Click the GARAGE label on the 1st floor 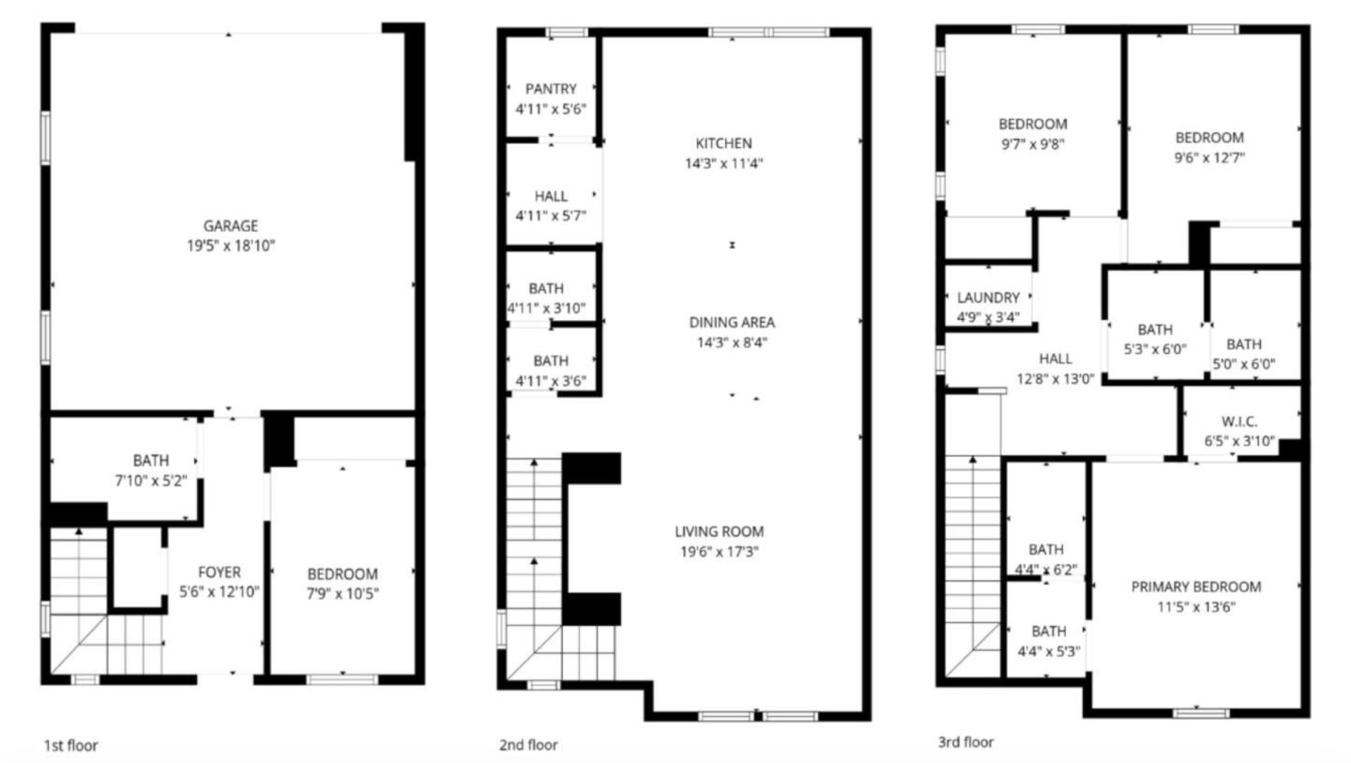point(231,225)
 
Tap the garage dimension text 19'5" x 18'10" point(231,246)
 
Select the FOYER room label point(219,572)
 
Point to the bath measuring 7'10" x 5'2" point(150,469)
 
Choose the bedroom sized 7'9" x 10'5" point(342,583)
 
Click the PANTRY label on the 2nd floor point(551,89)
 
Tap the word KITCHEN point(723,144)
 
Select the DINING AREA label point(732,322)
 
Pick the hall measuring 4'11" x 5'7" point(551,206)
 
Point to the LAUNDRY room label point(989,298)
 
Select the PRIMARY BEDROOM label point(1195,587)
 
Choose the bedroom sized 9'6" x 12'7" point(1209,147)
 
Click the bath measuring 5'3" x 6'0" point(1155,339)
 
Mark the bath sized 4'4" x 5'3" point(1048,641)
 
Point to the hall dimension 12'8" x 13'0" point(1055,379)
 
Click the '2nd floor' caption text point(528,745)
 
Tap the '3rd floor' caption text point(965,742)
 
